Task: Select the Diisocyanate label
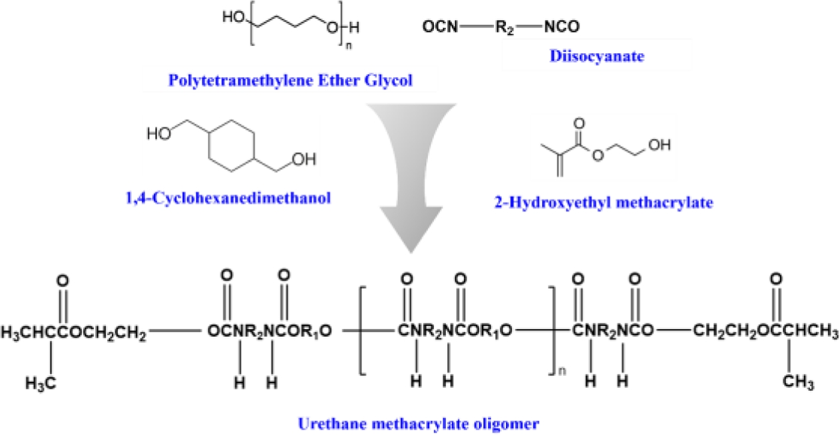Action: [x=597, y=57]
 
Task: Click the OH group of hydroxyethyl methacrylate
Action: [x=660, y=146]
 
